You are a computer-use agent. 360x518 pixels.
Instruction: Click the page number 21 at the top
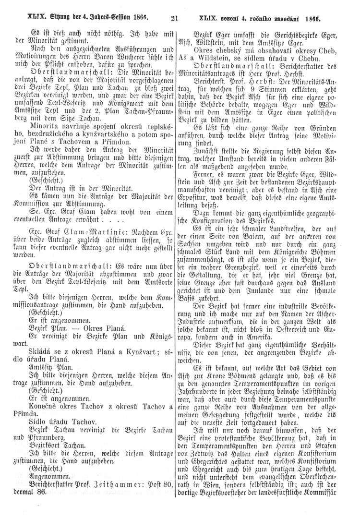point(174,20)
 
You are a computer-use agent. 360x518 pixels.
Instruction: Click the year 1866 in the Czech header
point(311,20)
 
